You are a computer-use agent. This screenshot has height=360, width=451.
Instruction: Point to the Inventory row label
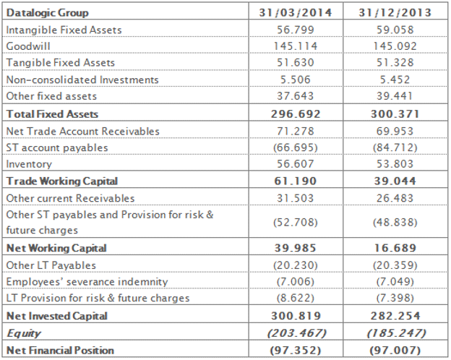pos(28,164)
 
